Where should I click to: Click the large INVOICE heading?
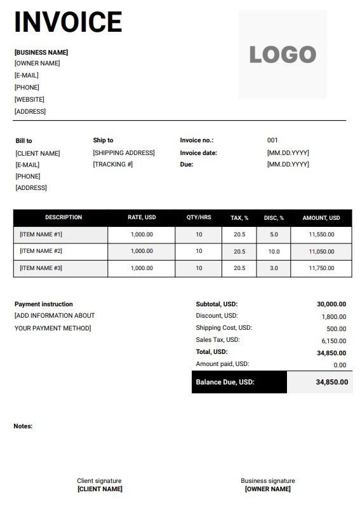[68, 22]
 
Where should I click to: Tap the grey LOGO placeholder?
[283, 55]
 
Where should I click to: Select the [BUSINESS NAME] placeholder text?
[41, 52]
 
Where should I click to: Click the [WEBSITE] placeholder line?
[29, 99]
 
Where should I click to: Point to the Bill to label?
[23, 140]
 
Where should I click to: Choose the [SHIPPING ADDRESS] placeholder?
[124, 153]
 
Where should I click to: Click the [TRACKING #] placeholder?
[113, 164]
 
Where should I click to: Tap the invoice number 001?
[272, 140]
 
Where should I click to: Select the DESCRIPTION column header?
[63, 217]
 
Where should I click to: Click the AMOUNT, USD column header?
[321, 218]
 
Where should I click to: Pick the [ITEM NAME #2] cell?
[41, 251]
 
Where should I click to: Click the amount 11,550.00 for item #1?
[321, 234]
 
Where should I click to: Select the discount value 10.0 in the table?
[274, 252]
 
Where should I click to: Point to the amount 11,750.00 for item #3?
[321, 268]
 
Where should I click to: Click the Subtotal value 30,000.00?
[331, 304]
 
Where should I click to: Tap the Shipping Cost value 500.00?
[337, 329]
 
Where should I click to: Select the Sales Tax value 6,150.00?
[334, 341]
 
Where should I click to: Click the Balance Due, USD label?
[225, 382]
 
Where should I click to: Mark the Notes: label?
[23, 426]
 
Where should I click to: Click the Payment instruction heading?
[44, 304]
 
